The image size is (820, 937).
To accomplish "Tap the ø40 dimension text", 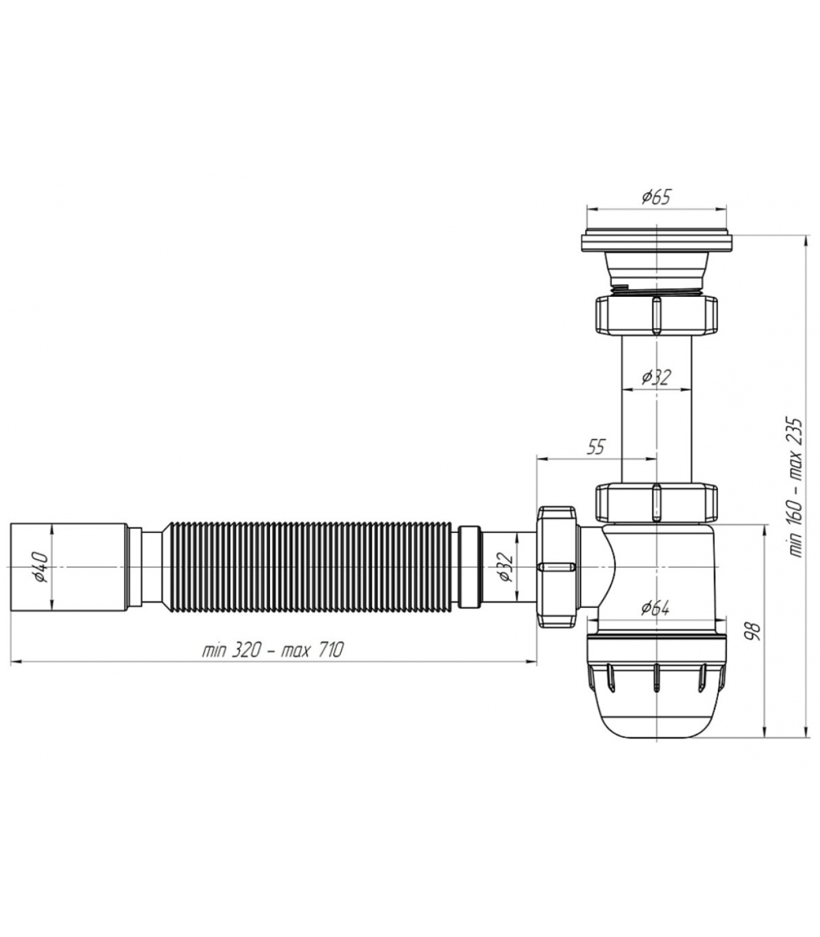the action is tap(42, 567).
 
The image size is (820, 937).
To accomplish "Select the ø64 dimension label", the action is tap(655, 608).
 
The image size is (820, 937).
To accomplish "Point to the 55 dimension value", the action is tap(595, 447).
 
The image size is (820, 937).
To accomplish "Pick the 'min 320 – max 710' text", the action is tap(273, 649).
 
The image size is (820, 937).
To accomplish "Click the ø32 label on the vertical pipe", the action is tap(656, 377).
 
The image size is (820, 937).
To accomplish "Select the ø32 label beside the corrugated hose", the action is tap(505, 567).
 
